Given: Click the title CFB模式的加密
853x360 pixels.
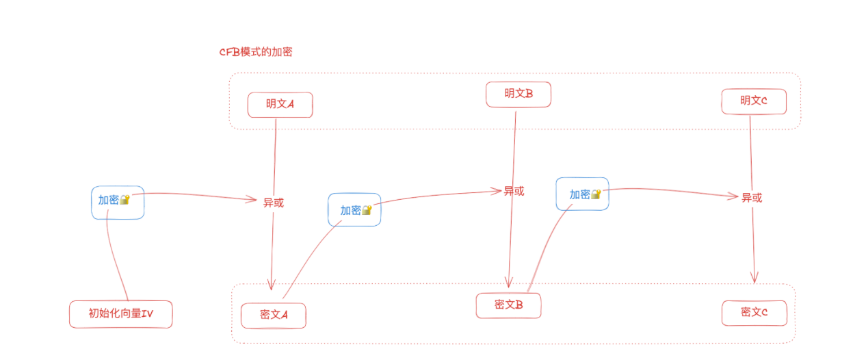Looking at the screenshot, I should [255, 52].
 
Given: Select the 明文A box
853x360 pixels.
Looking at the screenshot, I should [280, 105].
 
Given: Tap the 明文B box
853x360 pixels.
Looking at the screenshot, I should [518, 94].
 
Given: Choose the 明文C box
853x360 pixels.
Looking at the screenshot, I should [753, 101].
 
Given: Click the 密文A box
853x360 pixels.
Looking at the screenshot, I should [273, 315].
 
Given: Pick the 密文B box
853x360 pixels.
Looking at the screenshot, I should [508, 305].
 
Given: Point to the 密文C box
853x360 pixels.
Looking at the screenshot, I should [754, 312].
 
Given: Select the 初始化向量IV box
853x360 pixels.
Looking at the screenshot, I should [120, 314].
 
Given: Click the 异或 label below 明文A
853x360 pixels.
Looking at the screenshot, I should [273, 202].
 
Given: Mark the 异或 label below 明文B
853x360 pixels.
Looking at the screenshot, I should [514, 191].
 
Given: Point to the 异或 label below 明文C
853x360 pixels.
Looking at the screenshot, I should [752, 198].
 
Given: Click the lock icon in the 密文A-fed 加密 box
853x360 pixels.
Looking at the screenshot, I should [367, 210].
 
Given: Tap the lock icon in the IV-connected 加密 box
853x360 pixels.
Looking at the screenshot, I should [124, 200].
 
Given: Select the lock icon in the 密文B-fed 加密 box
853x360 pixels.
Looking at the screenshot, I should [595, 194].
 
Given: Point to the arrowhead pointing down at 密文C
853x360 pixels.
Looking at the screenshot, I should [754, 278].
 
